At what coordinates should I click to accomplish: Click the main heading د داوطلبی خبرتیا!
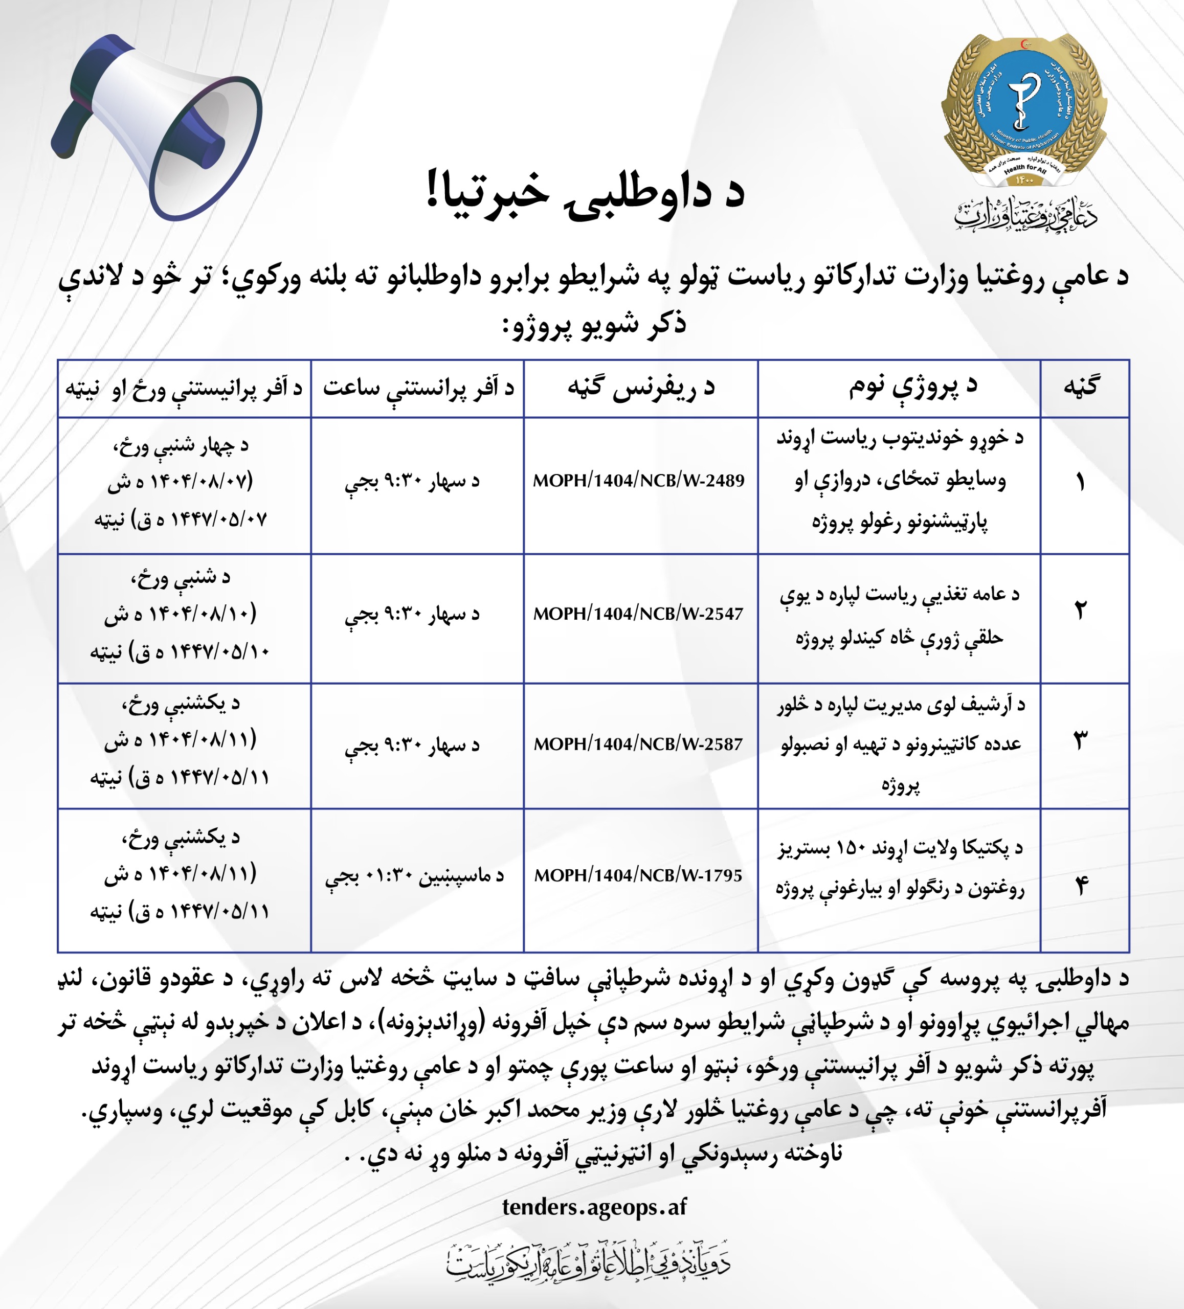[585, 193]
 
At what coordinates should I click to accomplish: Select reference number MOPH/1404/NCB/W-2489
[638, 481]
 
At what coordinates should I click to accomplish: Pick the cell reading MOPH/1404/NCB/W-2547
[638, 614]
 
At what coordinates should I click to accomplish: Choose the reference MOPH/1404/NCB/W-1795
[638, 875]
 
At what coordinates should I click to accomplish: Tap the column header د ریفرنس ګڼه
[641, 388]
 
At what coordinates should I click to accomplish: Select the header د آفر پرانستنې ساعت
[418, 388]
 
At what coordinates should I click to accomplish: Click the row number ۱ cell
[1080, 482]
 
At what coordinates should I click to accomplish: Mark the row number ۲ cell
[1080, 611]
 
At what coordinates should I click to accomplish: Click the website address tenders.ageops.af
[594, 1206]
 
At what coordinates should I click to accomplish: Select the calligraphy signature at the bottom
[588, 1261]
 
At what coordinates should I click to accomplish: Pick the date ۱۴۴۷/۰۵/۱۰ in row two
[219, 650]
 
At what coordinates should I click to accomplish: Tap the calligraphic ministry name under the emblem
[1025, 214]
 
